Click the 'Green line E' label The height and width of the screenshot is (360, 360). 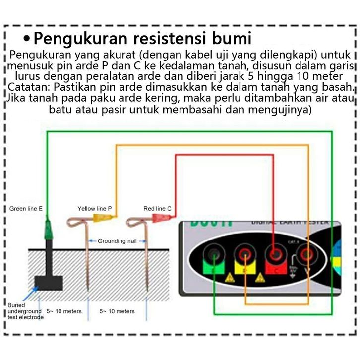click(x=26, y=209)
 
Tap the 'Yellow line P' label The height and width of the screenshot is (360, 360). click(x=95, y=209)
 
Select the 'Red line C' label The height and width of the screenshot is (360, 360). click(x=157, y=209)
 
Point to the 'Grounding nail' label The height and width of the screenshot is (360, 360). click(x=117, y=241)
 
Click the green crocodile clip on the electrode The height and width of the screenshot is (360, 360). click(x=49, y=229)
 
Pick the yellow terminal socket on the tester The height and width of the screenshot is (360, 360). click(x=245, y=256)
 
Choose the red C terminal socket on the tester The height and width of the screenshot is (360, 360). click(x=274, y=256)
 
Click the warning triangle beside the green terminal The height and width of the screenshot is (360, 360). click(x=230, y=278)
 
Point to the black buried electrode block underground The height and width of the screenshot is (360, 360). click(x=49, y=282)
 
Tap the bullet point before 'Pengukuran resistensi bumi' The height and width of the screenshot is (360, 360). click(x=27, y=38)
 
